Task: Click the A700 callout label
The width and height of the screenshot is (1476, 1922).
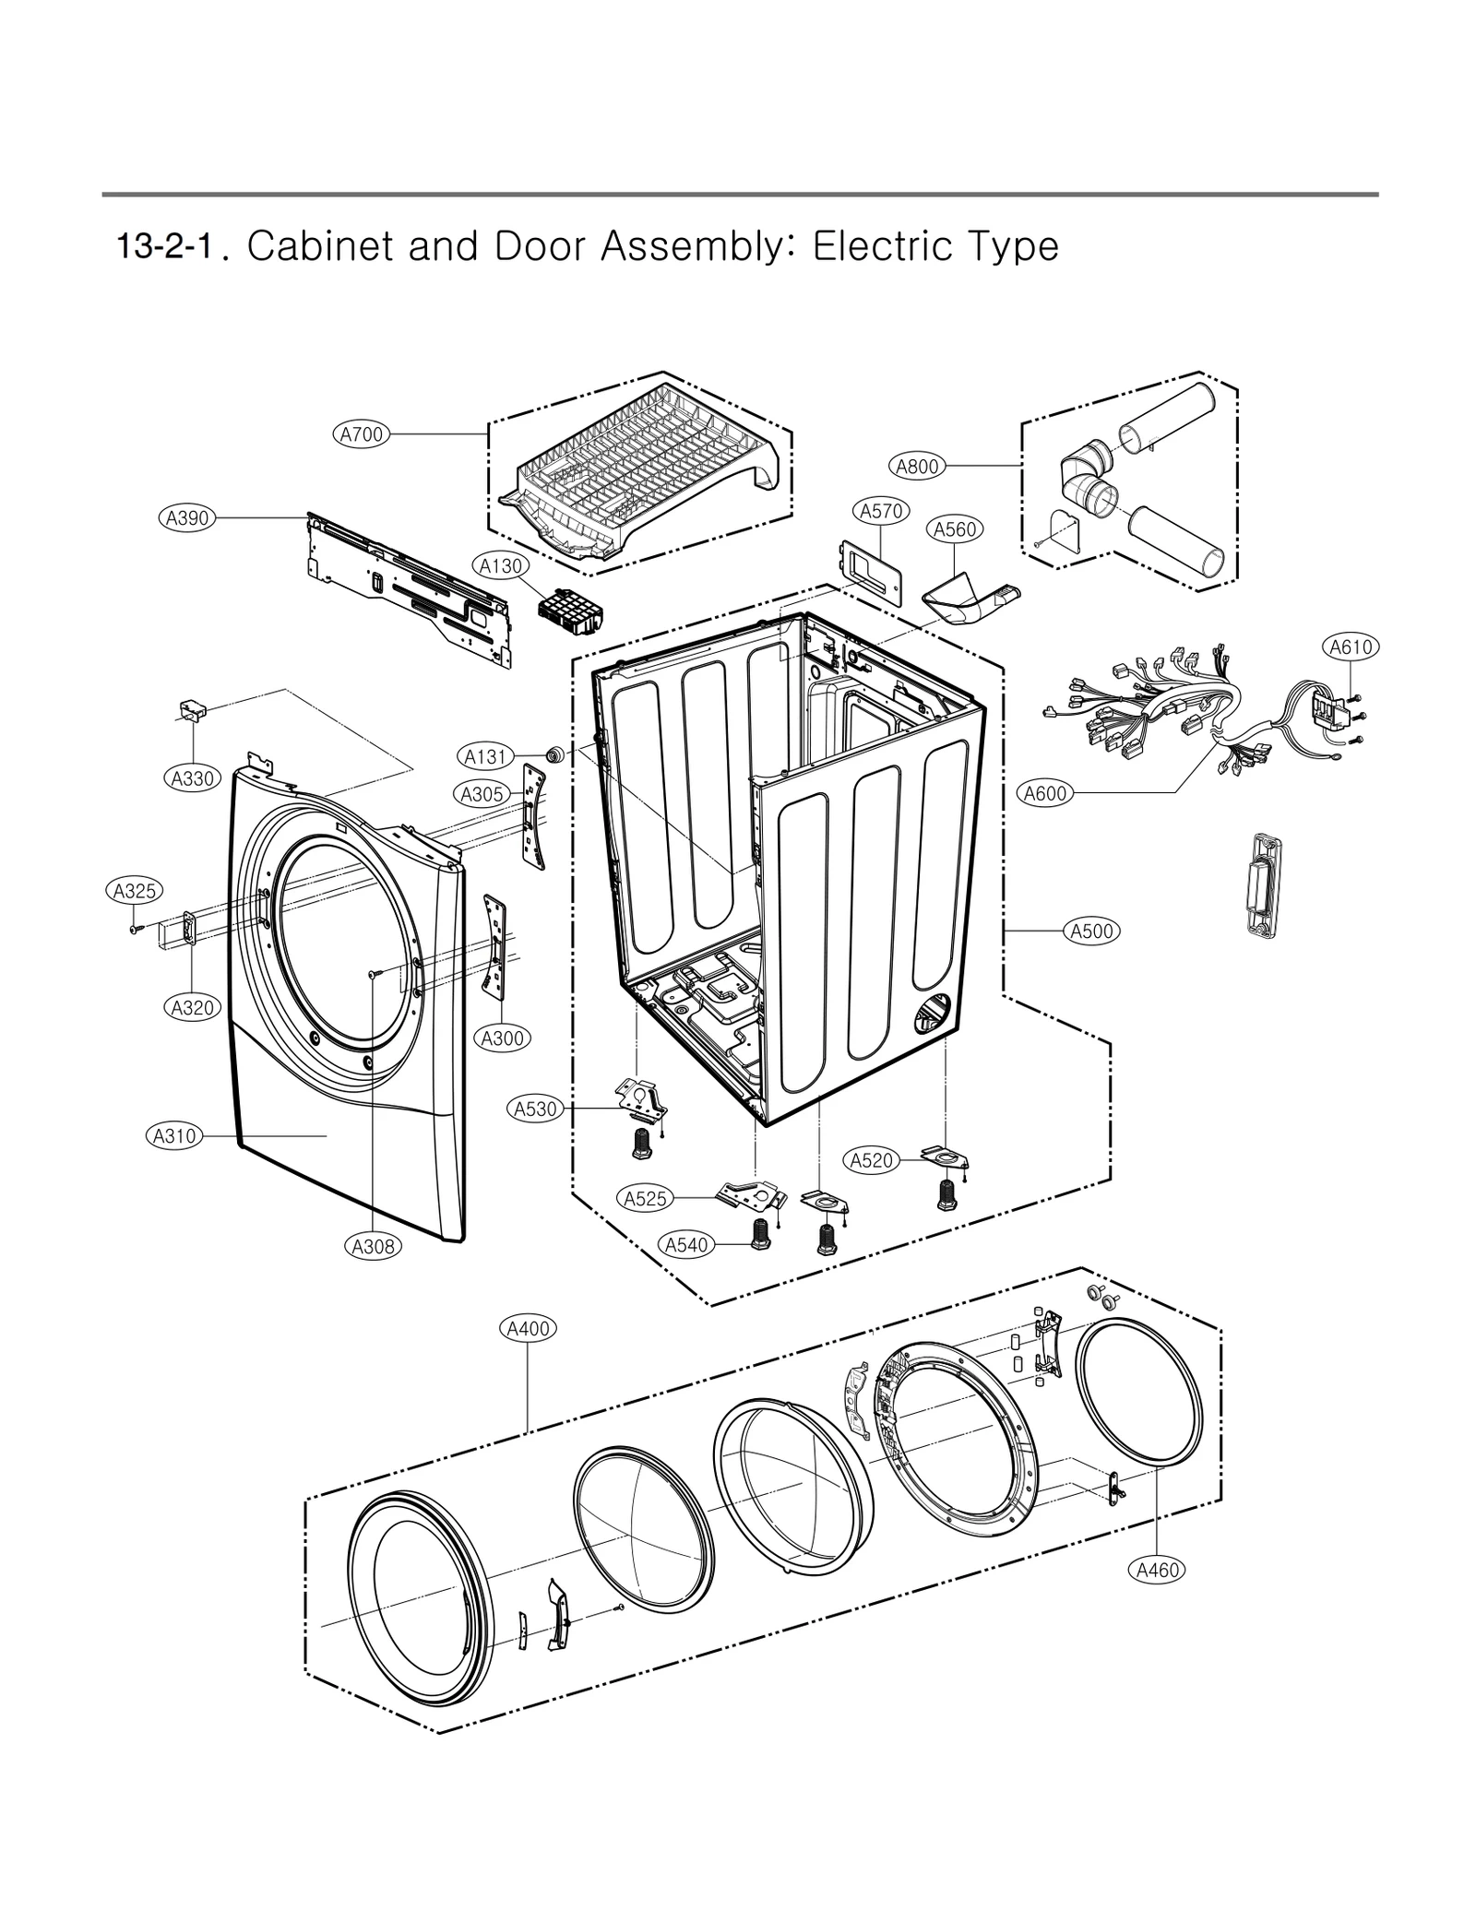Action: coord(362,434)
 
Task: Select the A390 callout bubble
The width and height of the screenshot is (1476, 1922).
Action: coord(187,518)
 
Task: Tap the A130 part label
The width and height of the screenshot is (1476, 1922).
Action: coord(501,566)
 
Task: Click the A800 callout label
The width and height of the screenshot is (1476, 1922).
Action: coord(918,467)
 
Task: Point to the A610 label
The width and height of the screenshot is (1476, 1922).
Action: coord(1351,647)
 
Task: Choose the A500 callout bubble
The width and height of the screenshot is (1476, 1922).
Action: coord(1093,931)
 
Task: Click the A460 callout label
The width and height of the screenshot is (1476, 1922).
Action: coord(1158,1570)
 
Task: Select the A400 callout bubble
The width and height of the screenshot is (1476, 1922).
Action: coord(529,1329)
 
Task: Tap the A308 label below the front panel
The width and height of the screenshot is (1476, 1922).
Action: coord(374,1247)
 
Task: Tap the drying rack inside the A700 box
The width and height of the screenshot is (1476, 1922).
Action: coord(637,470)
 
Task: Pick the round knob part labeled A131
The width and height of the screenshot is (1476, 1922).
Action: coord(555,754)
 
